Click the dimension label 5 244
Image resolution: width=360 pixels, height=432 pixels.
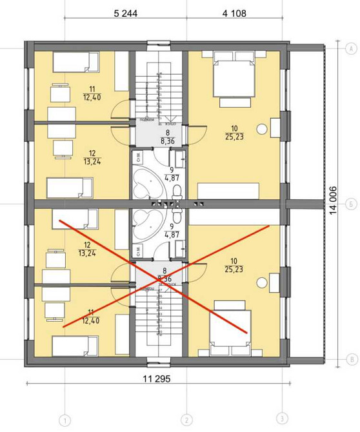[125, 14]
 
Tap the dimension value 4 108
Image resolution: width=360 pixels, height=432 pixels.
[234, 14]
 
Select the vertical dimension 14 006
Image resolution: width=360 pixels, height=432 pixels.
[334, 204]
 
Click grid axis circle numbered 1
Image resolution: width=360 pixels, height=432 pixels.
[65, 418]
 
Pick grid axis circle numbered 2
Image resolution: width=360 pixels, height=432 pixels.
[186, 418]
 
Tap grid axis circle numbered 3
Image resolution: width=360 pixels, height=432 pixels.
[282, 418]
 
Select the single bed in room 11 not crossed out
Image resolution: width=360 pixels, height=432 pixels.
[75, 62]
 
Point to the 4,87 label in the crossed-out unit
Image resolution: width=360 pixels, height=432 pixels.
[172, 231]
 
